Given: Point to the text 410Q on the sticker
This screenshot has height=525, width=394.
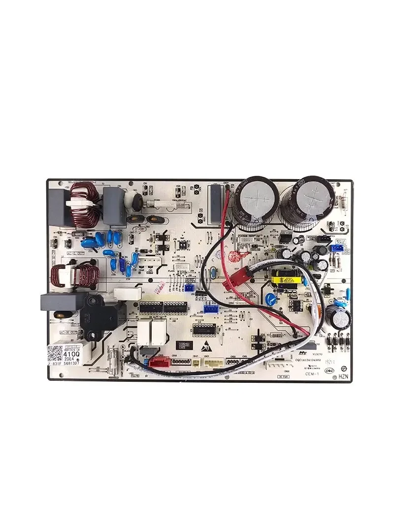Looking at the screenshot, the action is pos(71,353).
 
